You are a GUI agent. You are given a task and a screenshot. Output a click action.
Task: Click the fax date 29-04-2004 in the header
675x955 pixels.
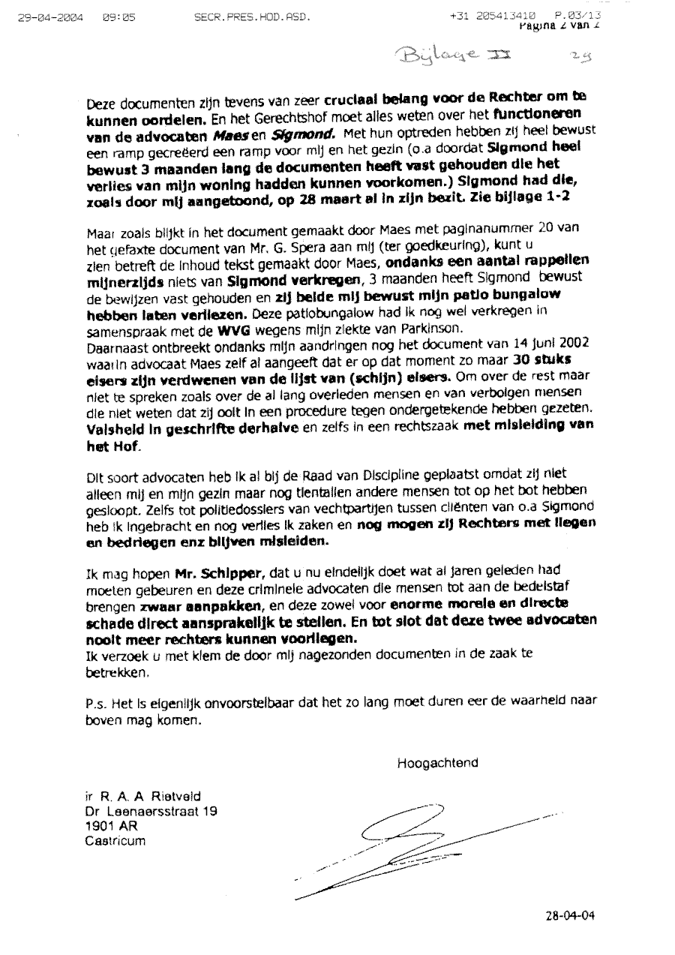[51, 15]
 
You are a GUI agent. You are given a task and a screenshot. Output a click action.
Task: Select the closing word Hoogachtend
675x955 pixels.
[438, 763]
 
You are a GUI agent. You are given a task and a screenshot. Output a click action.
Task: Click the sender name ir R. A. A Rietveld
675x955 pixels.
[133, 795]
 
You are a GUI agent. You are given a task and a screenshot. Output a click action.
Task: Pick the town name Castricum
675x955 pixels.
[115, 840]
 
